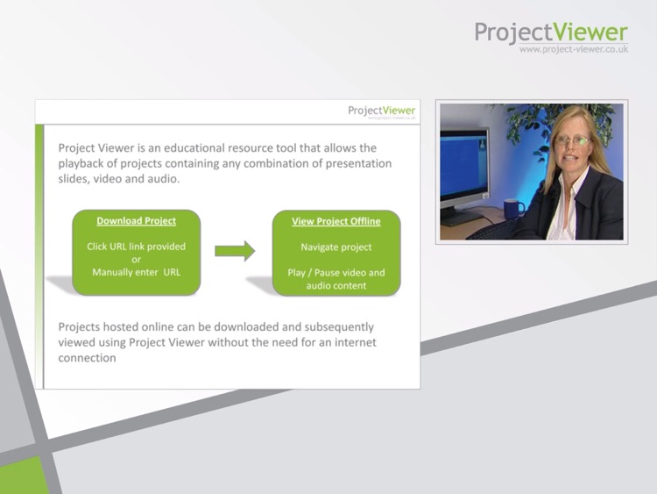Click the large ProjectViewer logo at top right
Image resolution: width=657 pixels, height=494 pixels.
coord(551,32)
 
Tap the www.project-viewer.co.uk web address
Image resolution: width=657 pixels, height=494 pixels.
coord(573,50)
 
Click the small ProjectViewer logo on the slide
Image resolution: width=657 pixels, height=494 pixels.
coord(381,111)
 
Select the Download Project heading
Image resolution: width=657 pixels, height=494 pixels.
coord(136,221)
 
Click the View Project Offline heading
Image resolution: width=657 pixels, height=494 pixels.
coord(336,221)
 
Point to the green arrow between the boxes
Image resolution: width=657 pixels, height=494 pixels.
coord(234,251)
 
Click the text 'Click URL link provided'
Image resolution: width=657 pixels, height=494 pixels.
coord(136,247)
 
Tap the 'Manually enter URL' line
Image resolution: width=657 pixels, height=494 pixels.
coord(136,272)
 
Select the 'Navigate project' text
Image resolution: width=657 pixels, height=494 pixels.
coord(336,247)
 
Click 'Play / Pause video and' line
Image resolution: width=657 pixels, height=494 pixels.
coord(336,272)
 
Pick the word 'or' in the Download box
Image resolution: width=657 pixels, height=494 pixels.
coord(136,260)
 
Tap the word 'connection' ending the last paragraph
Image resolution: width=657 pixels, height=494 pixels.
coord(87,358)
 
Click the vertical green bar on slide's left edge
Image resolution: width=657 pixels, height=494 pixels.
coord(39,254)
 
